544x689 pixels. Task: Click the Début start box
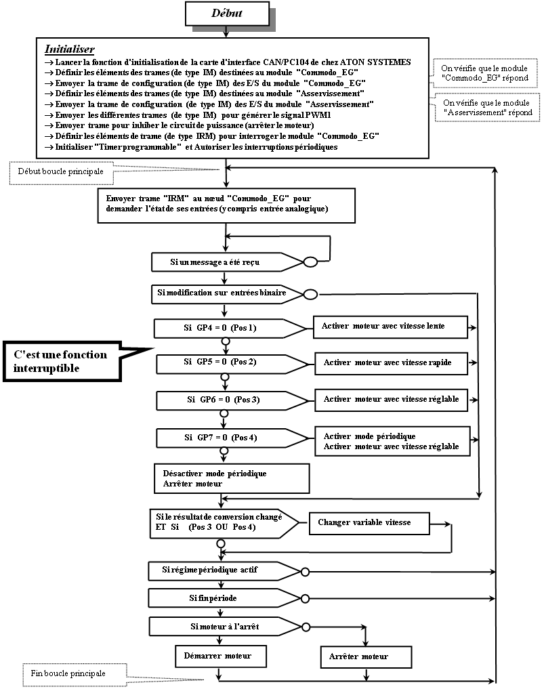227,14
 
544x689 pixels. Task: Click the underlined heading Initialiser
69,49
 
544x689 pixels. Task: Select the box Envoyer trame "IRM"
226,204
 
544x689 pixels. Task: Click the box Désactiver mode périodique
232,478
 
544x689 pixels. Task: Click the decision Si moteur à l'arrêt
222,627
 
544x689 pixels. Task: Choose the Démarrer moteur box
219,656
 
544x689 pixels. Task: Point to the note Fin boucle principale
70,673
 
